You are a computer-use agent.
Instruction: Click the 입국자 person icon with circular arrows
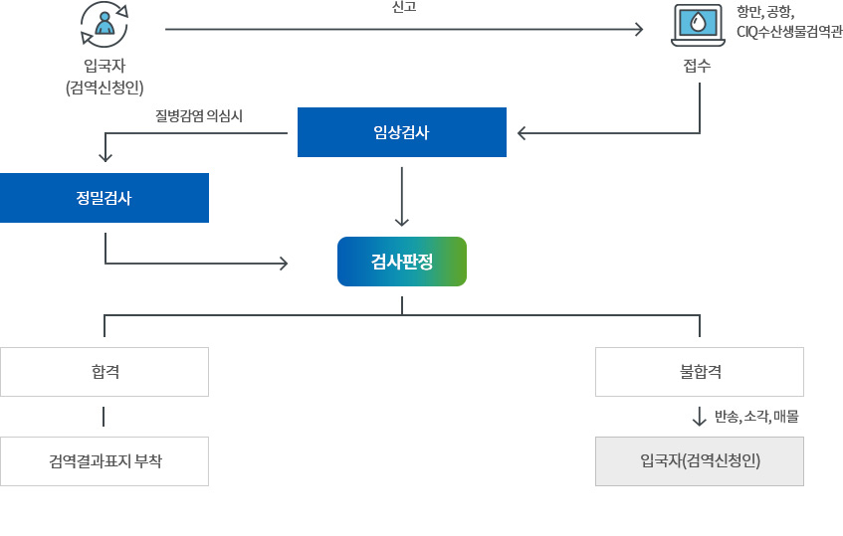click(104, 25)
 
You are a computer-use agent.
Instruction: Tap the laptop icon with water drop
click(698, 25)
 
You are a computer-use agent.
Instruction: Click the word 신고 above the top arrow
click(405, 7)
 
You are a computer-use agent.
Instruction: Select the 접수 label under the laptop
click(698, 67)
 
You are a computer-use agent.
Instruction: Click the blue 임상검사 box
click(401, 132)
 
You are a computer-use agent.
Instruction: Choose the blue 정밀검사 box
click(104, 197)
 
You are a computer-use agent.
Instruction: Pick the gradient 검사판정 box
click(401, 262)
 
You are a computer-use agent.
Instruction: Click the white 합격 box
click(104, 372)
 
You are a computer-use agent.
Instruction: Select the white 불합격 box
click(699, 372)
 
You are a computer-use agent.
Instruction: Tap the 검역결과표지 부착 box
click(104, 461)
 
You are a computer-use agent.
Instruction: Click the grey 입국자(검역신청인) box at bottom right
click(699, 461)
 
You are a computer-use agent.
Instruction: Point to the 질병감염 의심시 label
click(199, 115)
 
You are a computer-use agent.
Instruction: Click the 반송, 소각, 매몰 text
click(756, 416)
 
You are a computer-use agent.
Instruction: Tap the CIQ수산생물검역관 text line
click(789, 31)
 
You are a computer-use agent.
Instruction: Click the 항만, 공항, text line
click(764, 12)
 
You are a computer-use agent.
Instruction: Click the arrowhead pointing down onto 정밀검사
click(105, 156)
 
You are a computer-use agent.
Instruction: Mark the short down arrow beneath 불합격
click(699, 416)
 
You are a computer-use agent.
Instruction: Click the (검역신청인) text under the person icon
click(105, 87)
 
